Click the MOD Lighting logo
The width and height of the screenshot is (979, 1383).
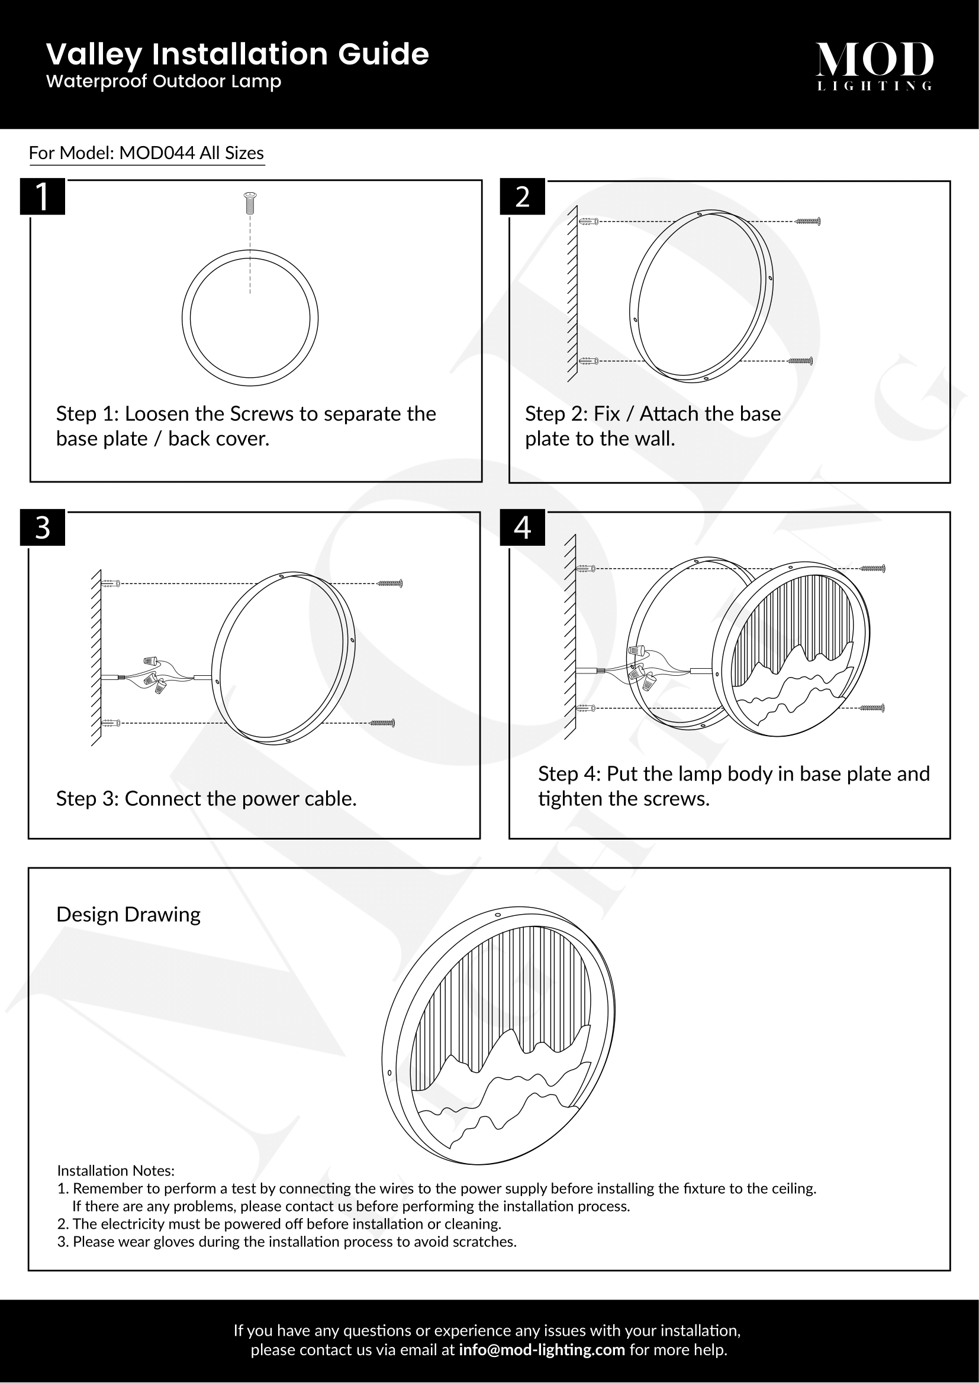[874, 66]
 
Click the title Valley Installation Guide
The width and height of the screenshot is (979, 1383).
[237, 54]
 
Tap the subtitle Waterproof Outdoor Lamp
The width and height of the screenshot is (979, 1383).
[163, 82]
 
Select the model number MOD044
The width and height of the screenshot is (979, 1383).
[157, 153]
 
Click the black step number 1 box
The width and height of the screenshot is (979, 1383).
[42, 196]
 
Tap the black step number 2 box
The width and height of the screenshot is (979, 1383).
[522, 196]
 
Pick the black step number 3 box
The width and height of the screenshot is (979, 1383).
[42, 527]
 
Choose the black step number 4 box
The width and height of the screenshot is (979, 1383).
[522, 527]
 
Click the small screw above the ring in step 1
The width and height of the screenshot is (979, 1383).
[250, 203]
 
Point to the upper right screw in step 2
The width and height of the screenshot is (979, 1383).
[808, 221]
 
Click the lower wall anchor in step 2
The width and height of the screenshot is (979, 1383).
[588, 361]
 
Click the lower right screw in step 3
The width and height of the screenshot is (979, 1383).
[382, 722]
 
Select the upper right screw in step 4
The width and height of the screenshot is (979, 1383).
[872, 568]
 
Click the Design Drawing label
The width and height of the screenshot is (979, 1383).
[128, 914]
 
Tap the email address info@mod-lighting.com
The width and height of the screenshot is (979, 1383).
[542, 1349]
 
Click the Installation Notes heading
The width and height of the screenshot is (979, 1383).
[116, 1170]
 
